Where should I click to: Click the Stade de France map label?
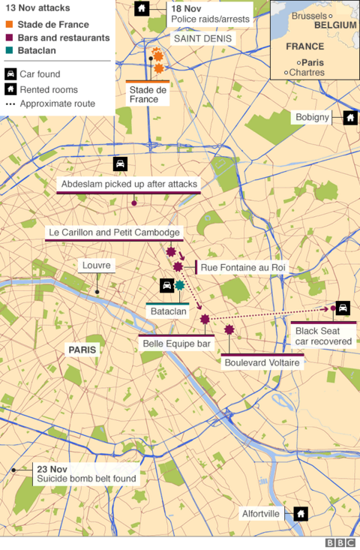coord(148,94)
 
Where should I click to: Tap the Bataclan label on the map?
coord(167,311)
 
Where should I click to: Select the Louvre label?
coord(97,266)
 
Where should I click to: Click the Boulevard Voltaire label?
coord(262,363)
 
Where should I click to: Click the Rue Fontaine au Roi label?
coord(243,267)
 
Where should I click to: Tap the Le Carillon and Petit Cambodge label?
coord(114,233)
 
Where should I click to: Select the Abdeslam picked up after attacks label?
coord(128,185)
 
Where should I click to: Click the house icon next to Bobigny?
coord(349,118)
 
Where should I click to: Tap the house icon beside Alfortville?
coord(300,513)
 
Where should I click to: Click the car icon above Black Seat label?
coord(342,308)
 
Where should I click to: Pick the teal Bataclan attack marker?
coord(179,285)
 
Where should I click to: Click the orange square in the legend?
coord(9,25)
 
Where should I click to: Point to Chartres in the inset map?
coord(307,73)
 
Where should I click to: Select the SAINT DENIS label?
coord(196,38)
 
